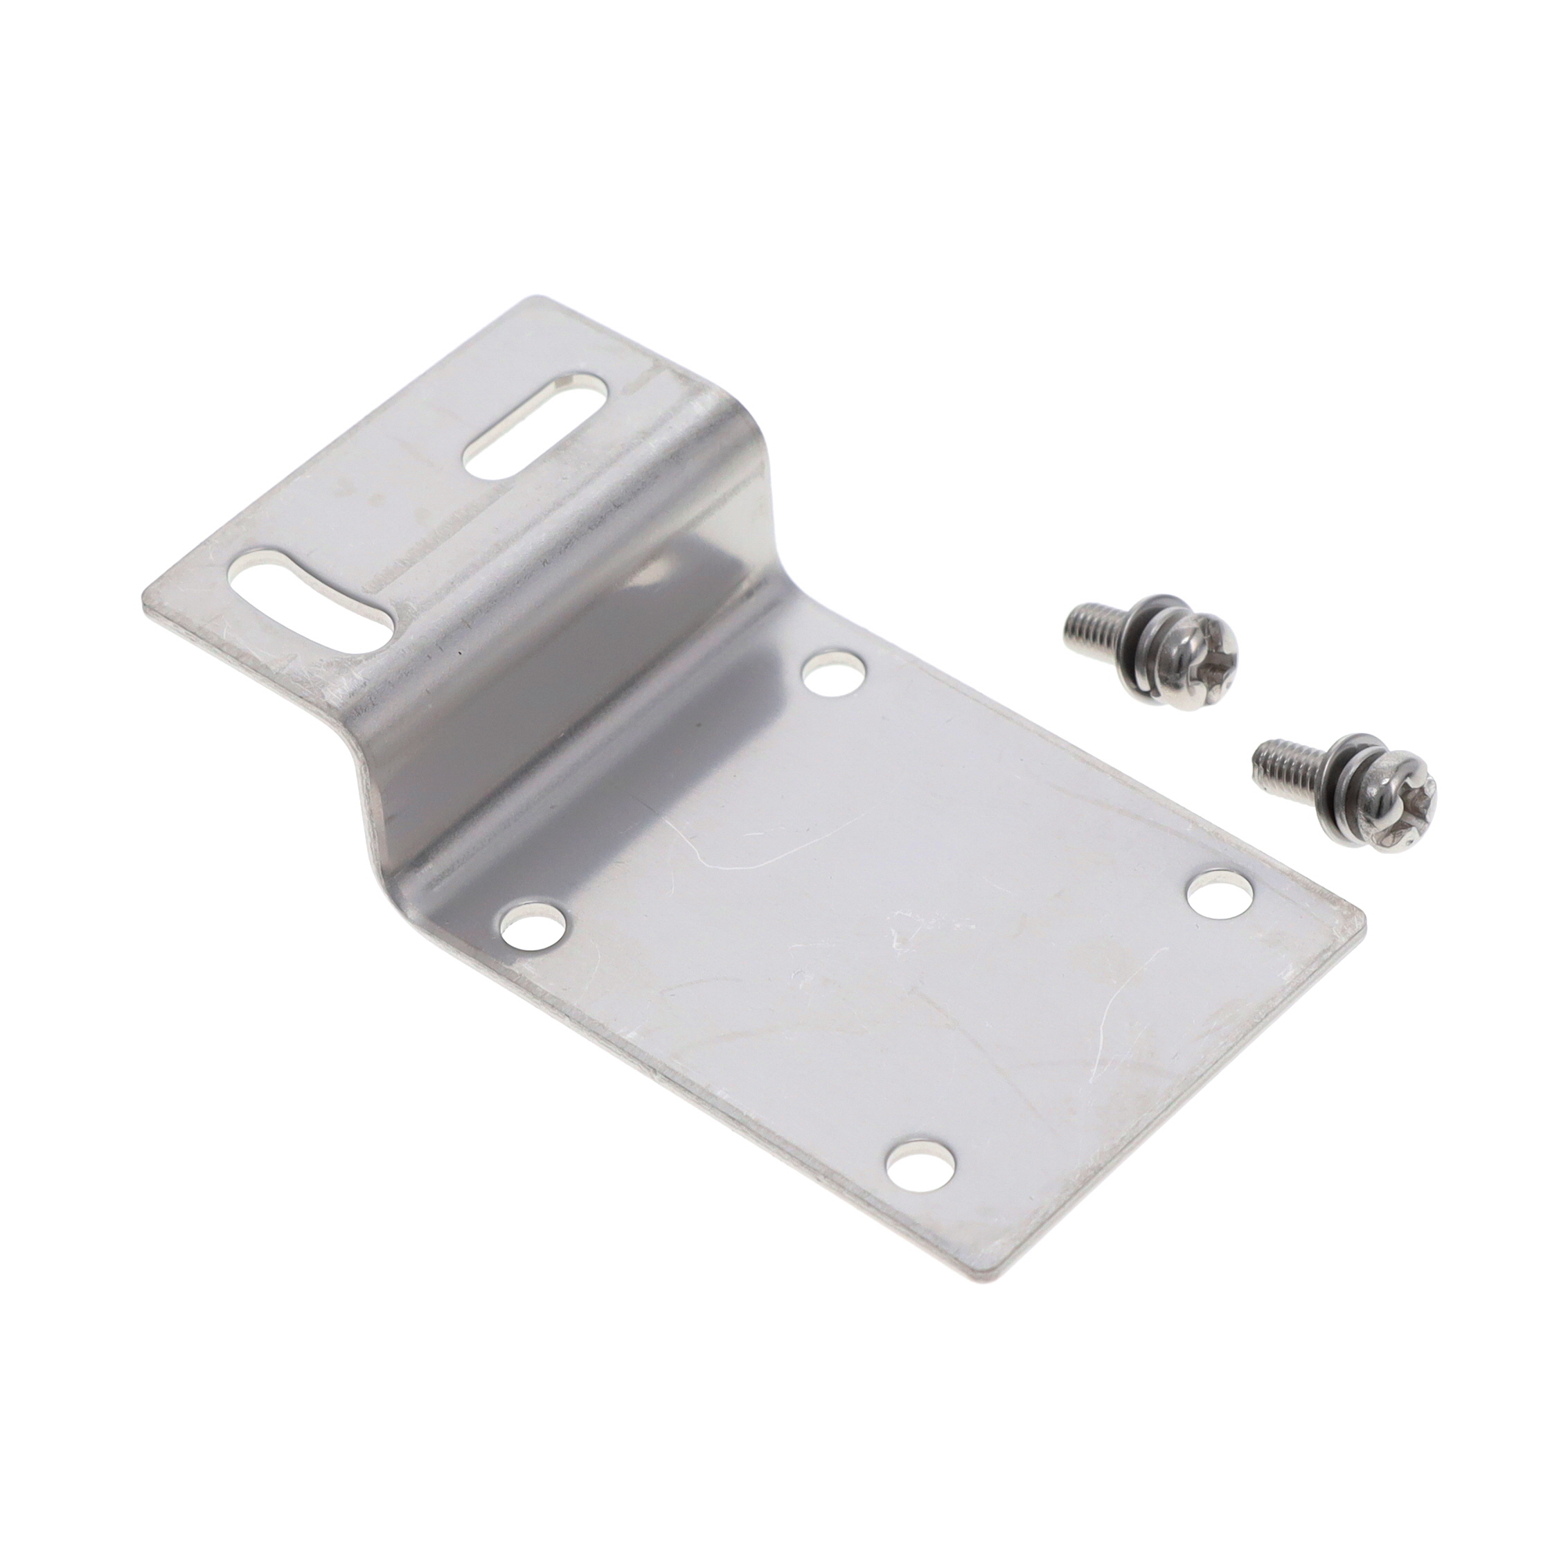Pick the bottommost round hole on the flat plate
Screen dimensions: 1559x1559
920,1186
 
